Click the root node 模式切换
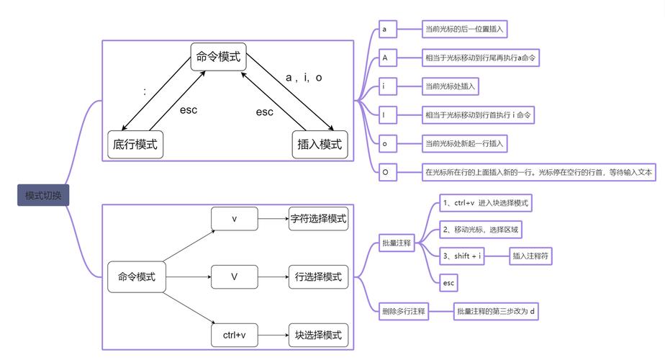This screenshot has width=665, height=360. [43, 195]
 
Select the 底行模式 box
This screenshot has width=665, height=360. [135, 145]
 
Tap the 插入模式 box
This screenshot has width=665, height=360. [319, 145]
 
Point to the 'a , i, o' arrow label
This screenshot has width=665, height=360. [304, 78]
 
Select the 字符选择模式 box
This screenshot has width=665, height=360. [318, 219]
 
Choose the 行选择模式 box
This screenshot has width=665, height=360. [318, 277]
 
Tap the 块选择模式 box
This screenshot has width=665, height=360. [318, 335]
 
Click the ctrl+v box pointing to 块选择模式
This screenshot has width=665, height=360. [234, 335]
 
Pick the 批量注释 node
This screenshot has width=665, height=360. [397, 243]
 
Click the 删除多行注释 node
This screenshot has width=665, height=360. [404, 312]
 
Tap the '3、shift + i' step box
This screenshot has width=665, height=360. [463, 256]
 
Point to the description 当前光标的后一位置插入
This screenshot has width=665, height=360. [466, 30]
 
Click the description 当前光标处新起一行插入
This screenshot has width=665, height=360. [466, 144]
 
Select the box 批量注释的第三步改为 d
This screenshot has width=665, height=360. [497, 312]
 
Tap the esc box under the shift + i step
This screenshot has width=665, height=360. [449, 284]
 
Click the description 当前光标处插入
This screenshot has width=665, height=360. [451, 86]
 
